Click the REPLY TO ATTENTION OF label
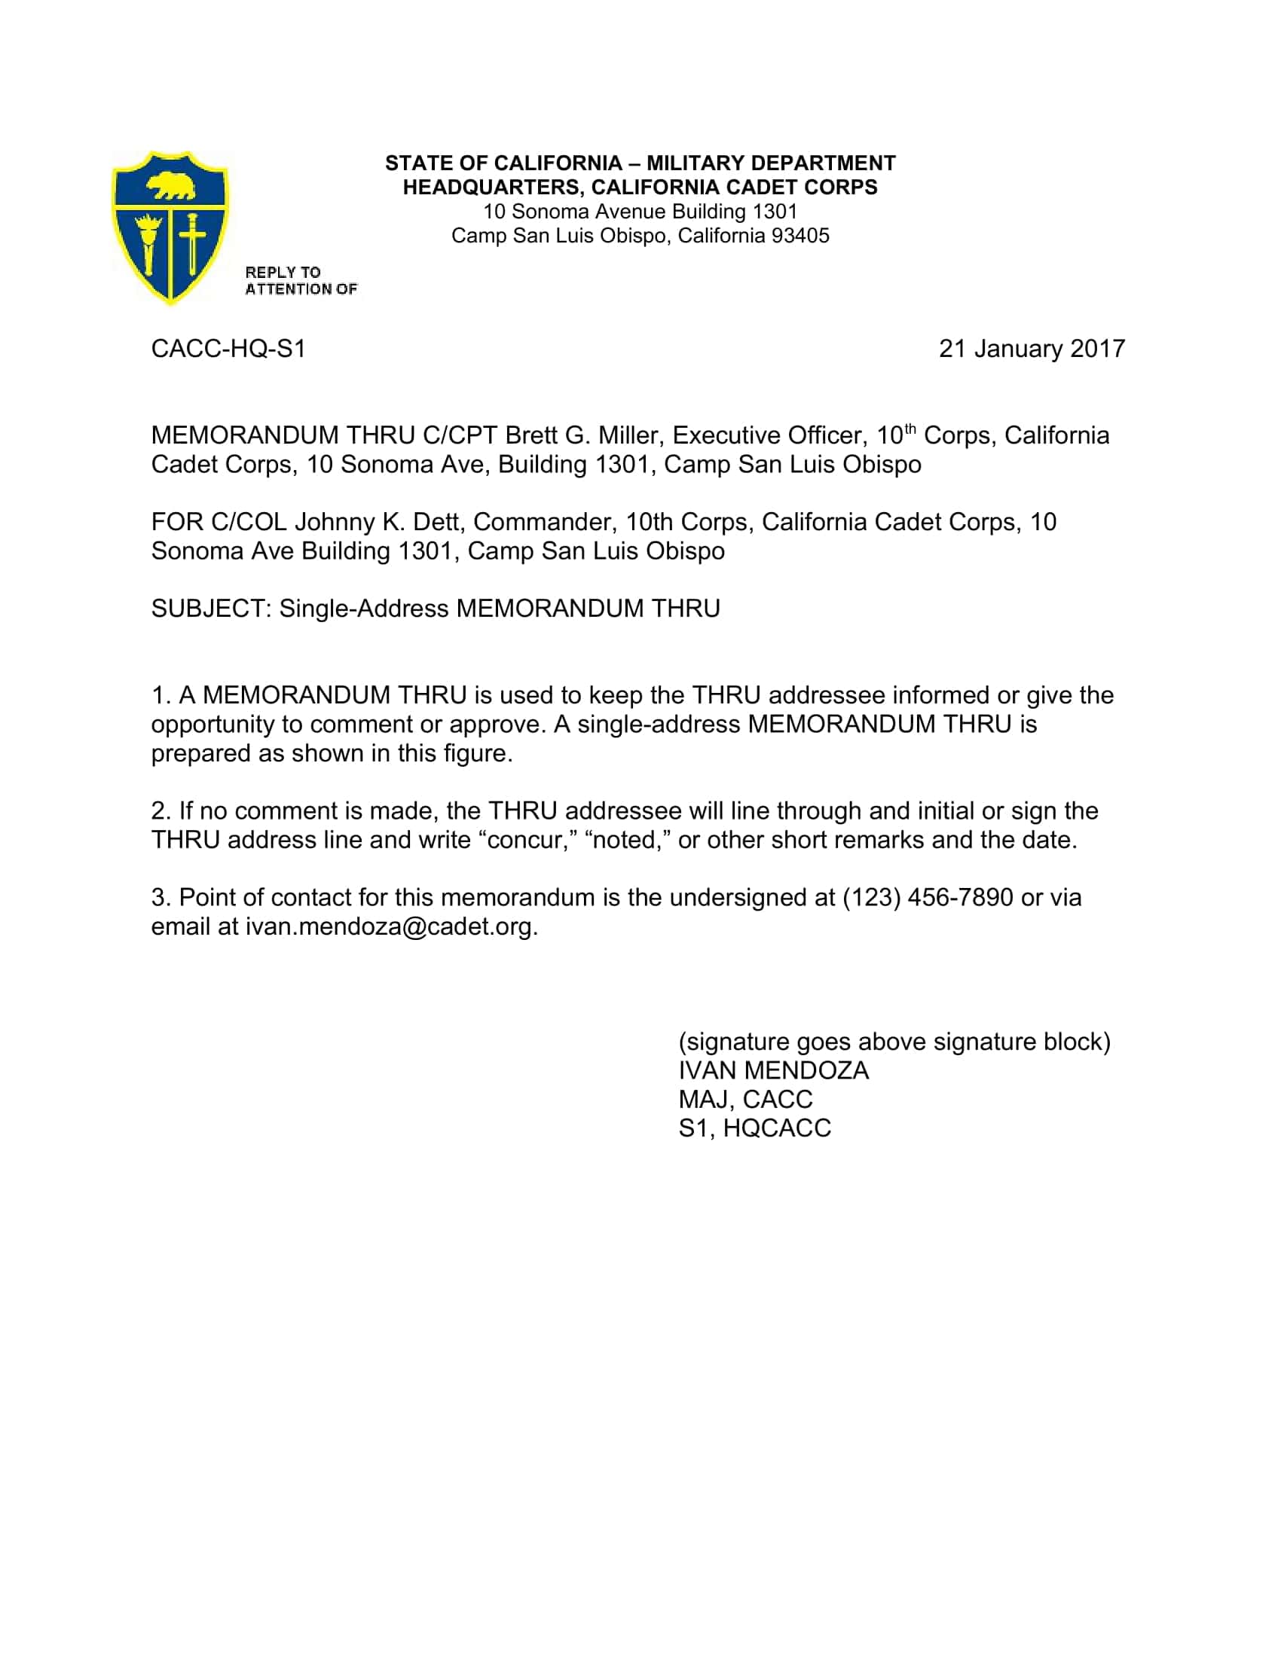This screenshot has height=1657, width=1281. pos(301,281)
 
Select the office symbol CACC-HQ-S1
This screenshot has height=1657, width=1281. pos(228,349)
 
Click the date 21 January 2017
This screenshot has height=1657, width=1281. pos(1032,349)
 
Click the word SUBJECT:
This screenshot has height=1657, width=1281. pos(211,609)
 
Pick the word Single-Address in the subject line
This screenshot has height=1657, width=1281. pos(363,609)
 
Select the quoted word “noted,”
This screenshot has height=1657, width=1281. pos(628,840)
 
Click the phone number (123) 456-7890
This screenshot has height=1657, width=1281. pos(928,898)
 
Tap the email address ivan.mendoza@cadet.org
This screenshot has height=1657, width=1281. pos(391,926)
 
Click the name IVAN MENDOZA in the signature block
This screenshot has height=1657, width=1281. pos(773,1070)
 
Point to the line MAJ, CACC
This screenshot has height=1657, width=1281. pos(745,1100)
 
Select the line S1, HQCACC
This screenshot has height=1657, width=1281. pos(754,1128)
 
